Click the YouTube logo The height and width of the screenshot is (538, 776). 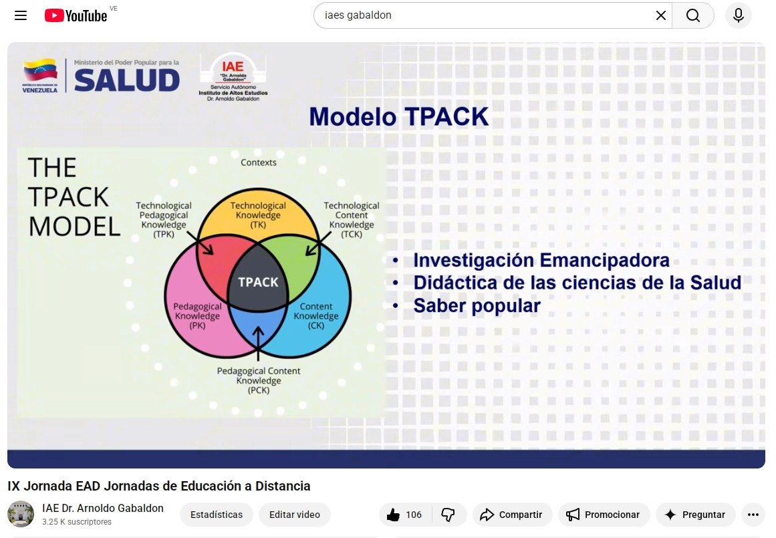76,16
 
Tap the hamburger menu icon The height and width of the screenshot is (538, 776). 21,15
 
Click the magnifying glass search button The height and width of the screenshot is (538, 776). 693,15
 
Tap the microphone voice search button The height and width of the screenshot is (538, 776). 739,15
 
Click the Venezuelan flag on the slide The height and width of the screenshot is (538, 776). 40,71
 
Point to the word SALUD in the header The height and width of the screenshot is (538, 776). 127,80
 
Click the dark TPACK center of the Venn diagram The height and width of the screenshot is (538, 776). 258,281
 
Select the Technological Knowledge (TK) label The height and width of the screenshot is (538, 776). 258,215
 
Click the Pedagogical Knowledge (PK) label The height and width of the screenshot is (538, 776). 197,315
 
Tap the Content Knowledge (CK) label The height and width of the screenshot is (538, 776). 315,315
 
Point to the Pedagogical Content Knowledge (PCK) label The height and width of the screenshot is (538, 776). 259,380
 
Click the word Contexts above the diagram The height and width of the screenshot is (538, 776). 259,162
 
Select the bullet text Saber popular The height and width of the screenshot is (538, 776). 477,306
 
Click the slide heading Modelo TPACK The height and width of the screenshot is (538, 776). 399,117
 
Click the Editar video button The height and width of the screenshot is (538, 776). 295,515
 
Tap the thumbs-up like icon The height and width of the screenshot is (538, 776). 394,515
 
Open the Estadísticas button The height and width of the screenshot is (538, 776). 217,515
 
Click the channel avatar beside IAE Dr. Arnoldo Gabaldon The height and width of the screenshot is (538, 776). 21,514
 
